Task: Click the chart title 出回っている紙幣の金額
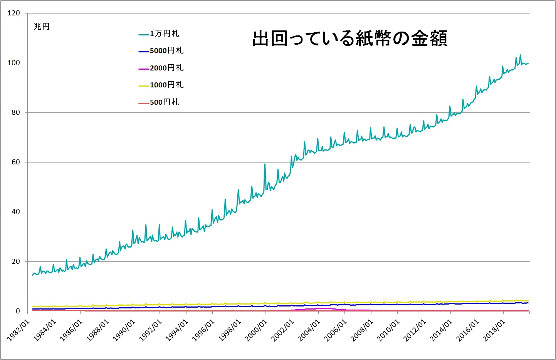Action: pos(350,39)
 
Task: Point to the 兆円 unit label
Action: pos(42,27)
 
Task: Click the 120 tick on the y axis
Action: pos(13,13)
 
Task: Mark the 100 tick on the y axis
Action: pos(13,63)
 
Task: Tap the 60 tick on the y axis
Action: pos(15,162)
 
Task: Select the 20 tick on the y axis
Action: pos(15,261)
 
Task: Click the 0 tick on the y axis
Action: pos(18,311)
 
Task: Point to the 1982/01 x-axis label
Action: pos(18,330)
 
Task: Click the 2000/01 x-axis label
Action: pos(256,330)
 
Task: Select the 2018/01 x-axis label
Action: pos(494,330)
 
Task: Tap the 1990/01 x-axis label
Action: pos(124,330)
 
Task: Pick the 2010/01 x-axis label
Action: pos(388,330)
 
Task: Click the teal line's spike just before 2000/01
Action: pos(265,164)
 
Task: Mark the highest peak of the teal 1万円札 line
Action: pos(520,55)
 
